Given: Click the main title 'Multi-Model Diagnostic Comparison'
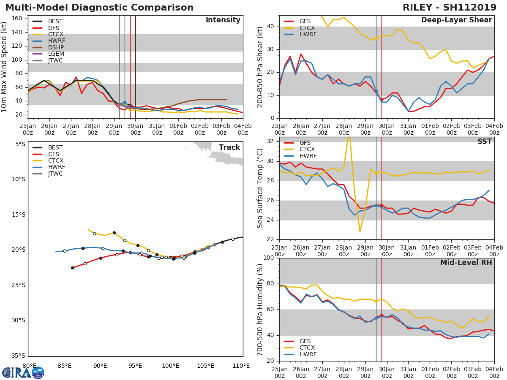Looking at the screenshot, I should (99, 8).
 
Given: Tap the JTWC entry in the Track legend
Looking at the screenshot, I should (55, 174).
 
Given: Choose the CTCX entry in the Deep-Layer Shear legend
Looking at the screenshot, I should (306, 28).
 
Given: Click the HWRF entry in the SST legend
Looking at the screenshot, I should (308, 156).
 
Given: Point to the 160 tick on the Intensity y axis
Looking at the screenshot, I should (23, 19).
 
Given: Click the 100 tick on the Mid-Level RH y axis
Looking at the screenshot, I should (269, 258).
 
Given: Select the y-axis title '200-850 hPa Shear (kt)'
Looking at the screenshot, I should (260, 67).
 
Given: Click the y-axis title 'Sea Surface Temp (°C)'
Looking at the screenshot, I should (260, 188).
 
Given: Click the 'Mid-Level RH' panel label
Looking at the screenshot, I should (466, 263).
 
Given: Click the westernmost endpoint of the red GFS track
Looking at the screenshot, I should (72, 268).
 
